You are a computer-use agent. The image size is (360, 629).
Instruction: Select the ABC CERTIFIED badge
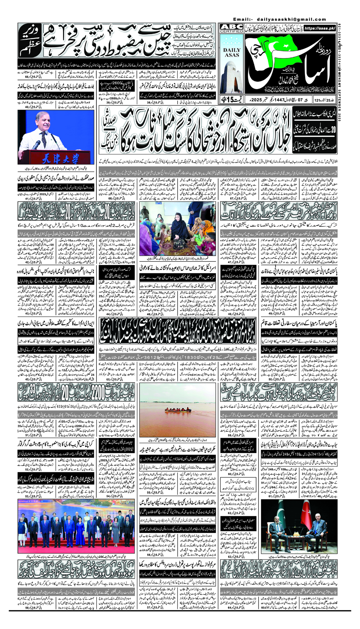click(231, 29)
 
